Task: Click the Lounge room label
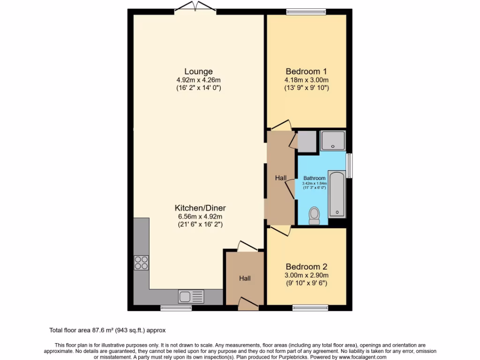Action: pyautogui.click(x=198, y=72)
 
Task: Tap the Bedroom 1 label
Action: pyautogui.click(x=306, y=72)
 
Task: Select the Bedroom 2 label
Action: pyautogui.click(x=306, y=267)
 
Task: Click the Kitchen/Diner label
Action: pyautogui.click(x=197, y=208)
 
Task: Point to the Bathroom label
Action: pyautogui.click(x=314, y=178)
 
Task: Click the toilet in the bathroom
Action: pyautogui.click(x=314, y=216)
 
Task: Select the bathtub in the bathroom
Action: pyautogui.click(x=337, y=195)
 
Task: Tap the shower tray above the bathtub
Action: pyautogui.click(x=333, y=141)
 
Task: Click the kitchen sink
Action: pyautogui.click(x=191, y=296)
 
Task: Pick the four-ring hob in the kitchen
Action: pyautogui.click(x=142, y=262)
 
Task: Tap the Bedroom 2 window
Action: pyautogui.click(x=310, y=307)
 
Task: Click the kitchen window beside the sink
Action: pyautogui.click(x=176, y=307)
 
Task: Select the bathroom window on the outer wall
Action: pyautogui.click(x=349, y=165)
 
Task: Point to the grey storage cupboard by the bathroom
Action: pyautogui.click(x=307, y=141)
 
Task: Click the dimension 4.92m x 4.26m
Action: pyautogui.click(x=198, y=80)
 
